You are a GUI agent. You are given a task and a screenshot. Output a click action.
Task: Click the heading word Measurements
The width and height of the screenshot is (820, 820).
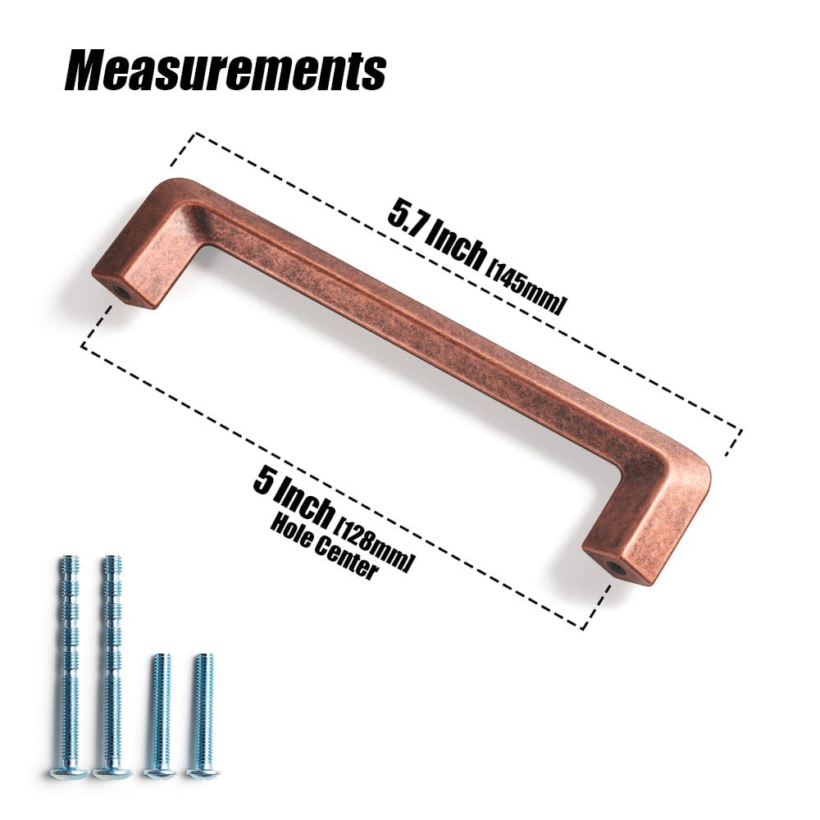coord(225,71)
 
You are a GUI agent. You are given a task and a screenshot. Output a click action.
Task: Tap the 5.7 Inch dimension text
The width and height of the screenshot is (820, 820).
coord(435,235)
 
